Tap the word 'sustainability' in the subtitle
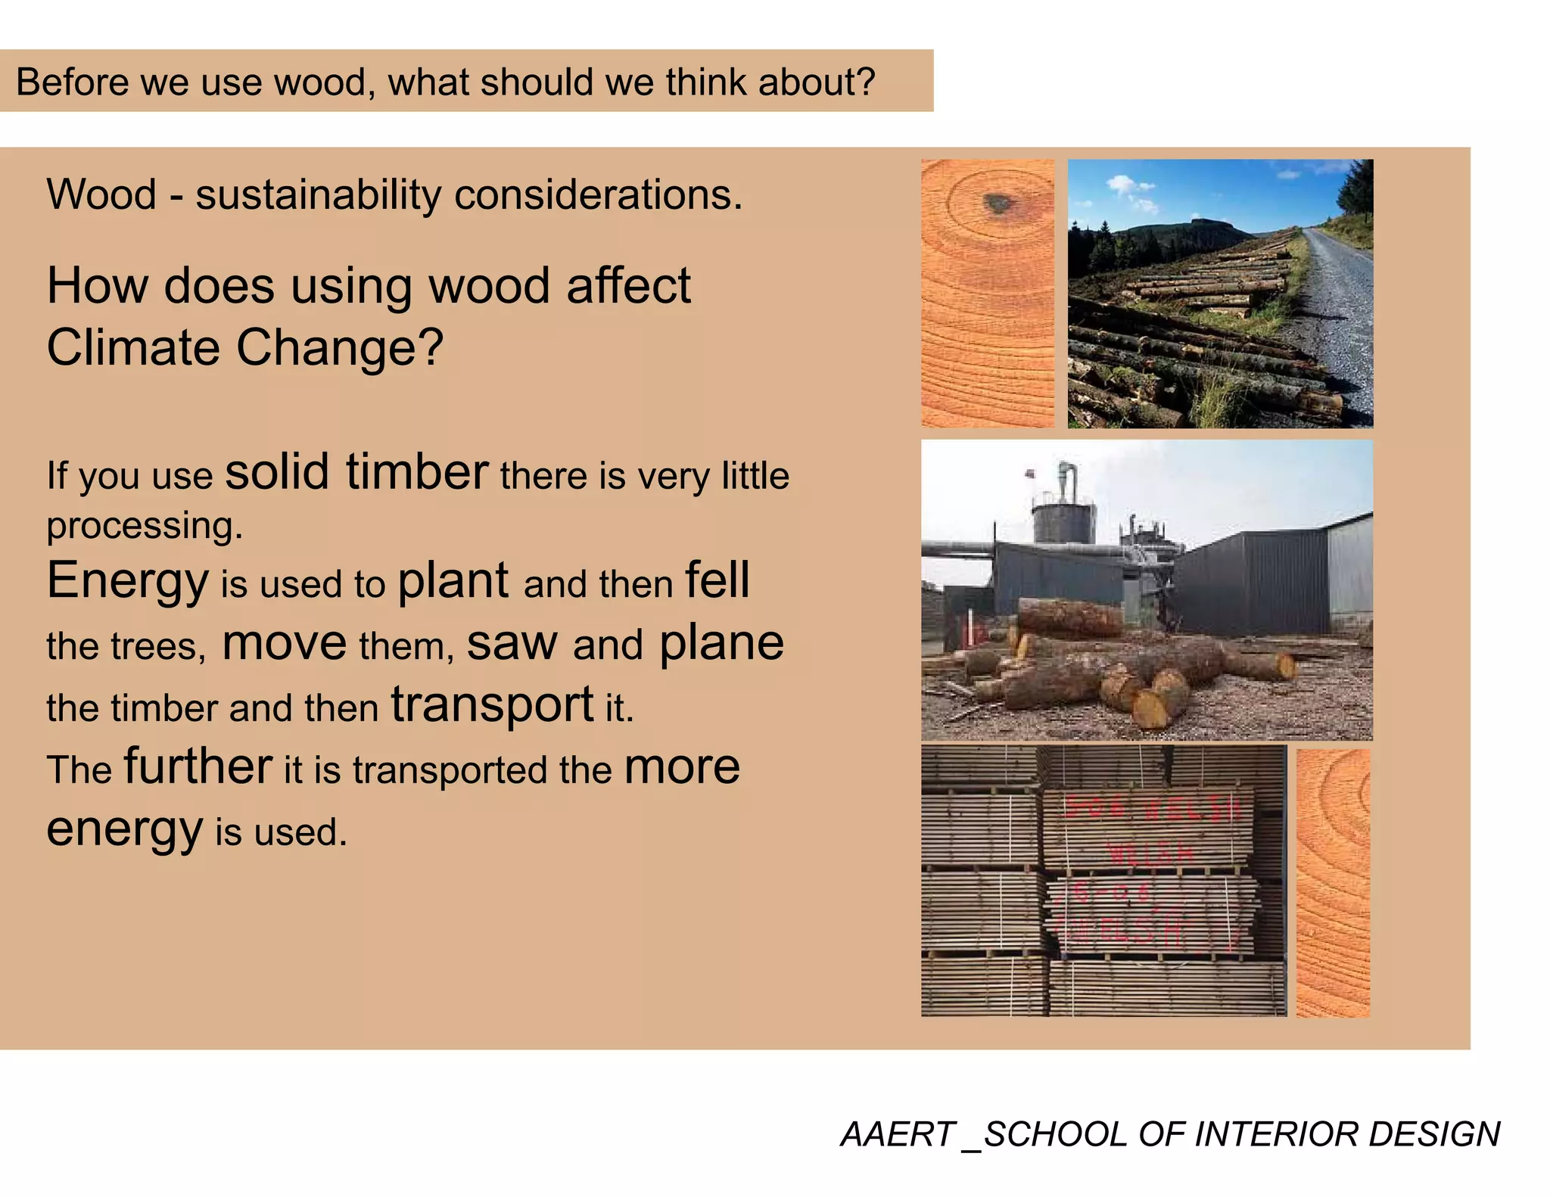pos(318,194)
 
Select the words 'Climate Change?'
pos(244,347)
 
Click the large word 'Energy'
pos(127,581)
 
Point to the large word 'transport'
pos(492,704)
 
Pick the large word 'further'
pos(198,766)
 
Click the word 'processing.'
pos(145,525)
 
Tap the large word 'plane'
pos(721,644)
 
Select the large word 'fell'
pos(717,580)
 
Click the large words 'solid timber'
pos(356,472)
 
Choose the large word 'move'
pos(284,644)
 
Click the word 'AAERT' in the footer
pos(897,1134)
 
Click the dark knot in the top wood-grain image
pos(998,202)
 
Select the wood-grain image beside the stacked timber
pos(1333,882)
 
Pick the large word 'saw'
pos(512,644)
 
